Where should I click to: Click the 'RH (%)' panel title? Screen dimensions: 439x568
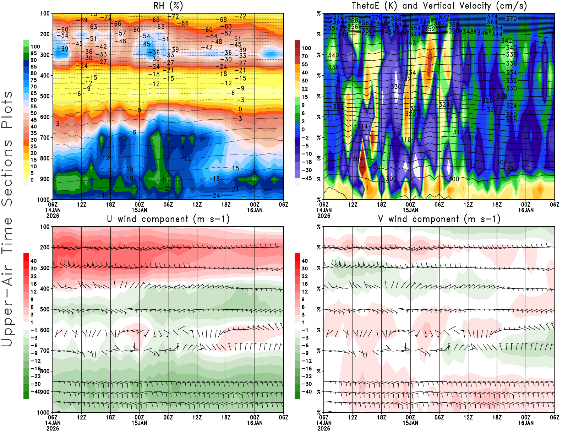168,6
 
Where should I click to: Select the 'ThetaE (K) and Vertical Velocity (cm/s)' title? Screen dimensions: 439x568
439,6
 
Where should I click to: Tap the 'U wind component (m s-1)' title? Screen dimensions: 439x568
168,219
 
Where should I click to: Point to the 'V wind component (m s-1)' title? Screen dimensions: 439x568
439,219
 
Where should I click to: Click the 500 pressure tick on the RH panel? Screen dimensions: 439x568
45,96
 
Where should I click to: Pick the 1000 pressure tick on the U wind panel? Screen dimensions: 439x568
44,412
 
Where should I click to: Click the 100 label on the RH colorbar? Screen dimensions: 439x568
35,47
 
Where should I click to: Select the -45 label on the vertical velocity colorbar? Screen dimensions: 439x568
307,178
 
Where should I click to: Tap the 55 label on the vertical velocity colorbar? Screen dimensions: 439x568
305,64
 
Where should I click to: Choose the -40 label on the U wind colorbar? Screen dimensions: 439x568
36,391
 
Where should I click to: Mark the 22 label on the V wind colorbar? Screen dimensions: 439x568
305,276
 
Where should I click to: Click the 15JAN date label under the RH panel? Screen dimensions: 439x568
139,210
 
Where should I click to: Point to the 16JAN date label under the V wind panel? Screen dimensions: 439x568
526,423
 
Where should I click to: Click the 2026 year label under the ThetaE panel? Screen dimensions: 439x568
324,216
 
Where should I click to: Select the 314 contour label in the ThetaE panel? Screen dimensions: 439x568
362,126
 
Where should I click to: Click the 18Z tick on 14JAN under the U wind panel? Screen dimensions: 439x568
110,417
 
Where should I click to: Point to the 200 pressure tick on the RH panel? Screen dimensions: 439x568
45,34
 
